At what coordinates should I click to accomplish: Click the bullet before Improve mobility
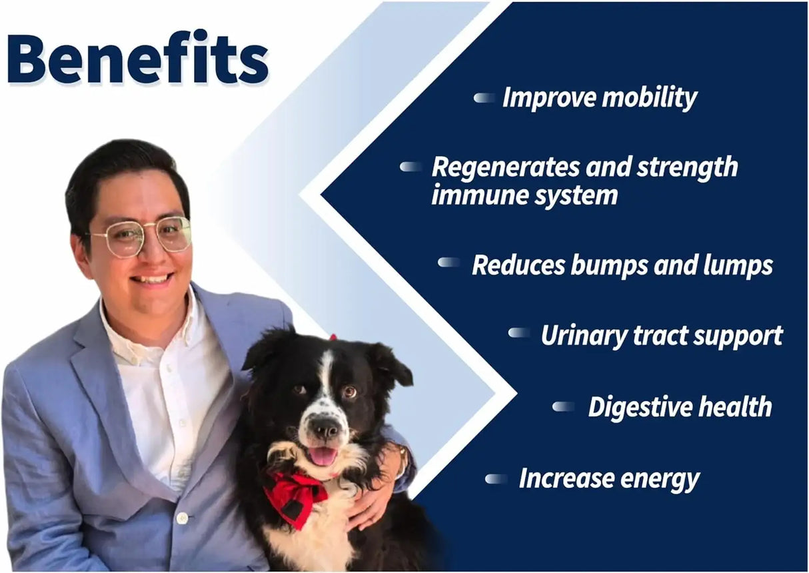click(x=484, y=98)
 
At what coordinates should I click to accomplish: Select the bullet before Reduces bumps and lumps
click(x=448, y=263)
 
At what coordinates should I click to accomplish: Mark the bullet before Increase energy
click(x=496, y=479)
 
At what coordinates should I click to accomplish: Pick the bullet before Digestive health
click(x=563, y=406)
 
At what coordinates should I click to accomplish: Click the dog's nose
click(x=325, y=430)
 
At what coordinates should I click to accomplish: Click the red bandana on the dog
click(x=296, y=496)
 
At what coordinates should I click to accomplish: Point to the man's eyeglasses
click(x=141, y=239)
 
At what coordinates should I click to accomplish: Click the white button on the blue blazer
click(x=183, y=518)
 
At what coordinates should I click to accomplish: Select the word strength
click(x=687, y=168)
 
